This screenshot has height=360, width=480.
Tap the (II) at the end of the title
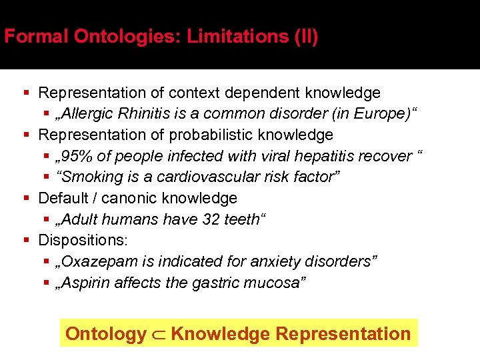pyautogui.click(x=305, y=36)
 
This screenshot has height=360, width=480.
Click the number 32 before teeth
pyautogui.click(x=213, y=219)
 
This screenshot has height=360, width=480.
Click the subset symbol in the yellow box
pyautogui.click(x=158, y=334)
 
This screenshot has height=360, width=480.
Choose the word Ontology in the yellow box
pyautogui.click(x=106, y=334)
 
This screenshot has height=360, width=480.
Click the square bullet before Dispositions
pyautogui.click(x=25, y=241)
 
